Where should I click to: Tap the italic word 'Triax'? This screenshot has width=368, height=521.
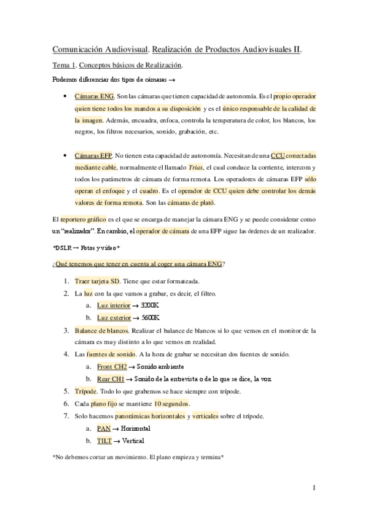[x=178, y=167]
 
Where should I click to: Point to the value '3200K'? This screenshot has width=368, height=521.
[x=150, y=305]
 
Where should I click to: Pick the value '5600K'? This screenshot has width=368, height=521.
[x=151, y=318]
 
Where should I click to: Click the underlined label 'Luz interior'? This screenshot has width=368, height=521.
[x=114, y=305]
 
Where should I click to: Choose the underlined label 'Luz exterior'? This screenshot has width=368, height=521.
[x=114, y=318]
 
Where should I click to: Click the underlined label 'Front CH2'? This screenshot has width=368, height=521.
[x=112, y=366]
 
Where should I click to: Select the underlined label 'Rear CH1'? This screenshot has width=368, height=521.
[x=110, y=378]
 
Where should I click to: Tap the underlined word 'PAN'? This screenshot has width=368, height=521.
[x=104, y=428]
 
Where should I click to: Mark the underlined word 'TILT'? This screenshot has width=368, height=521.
[x=104, y=440]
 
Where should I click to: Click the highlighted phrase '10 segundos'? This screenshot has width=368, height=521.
[x=171, y=403]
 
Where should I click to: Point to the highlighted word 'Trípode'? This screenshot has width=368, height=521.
[x=85, y=391]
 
